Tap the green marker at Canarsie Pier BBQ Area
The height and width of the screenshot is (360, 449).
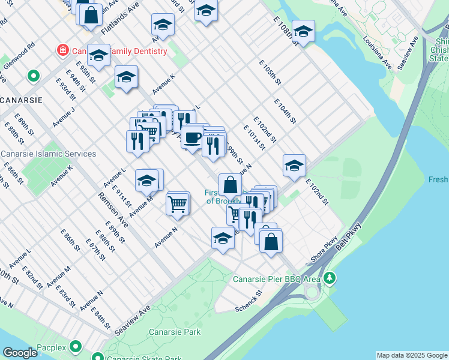tap(329, 278)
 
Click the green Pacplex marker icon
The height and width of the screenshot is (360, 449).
tap(76, 346)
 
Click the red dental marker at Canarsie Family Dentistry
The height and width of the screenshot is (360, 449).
tap(61, 51)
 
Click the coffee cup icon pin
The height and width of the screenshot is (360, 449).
tap(192, 137)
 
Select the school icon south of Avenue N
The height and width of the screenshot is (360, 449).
tap(223, 238)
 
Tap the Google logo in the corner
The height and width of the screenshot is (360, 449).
tap(19, 353)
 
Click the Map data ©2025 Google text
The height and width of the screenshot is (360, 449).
tap(412, 355)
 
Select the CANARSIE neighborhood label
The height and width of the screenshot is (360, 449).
tap(22, 100)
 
